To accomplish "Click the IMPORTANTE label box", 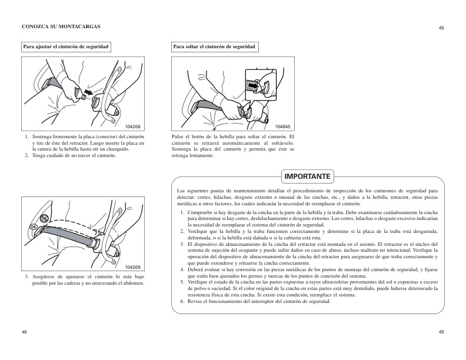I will click(308, 176).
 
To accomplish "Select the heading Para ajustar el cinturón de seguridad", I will click(65, 46).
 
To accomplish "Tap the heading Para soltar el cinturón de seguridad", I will click(214, 46).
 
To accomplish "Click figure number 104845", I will click(284, 126).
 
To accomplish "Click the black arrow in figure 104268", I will click(88, 93).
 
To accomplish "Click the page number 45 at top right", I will click(441, 28).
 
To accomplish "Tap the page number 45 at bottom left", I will click(25, 332).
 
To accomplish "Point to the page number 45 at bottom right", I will click(441, 332).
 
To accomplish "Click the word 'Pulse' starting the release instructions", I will click(178, 137).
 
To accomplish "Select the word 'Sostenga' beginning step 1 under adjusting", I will click(42, 137).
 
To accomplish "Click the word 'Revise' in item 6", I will click(195, 301).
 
